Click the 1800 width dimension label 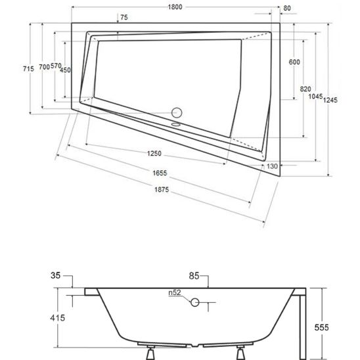pyautogui.click(x=175, y=7)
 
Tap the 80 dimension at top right pyautogui.click(x=287, y=9)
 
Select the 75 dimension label pyautogui.click(x=124, y=17)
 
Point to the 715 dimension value pyautogui.click(x=28, y=68)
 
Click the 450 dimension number pyautogui.click(x=66, y=70)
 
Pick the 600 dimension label pyautogui.click(x=294, y=62)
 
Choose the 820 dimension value pyautogui.click(x=305, y=89)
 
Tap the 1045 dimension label pyautogui.click(x=315, y=97)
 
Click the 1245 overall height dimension pyautogui.click(x=330, y=100)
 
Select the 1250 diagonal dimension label pyautogui.click(x=154, y=153)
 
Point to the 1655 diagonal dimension pyautogui.click(x=160, y=173)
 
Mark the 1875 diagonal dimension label pyautogui.click(x=162, y=190)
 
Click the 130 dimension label pyautogui.click(x=272, y=166)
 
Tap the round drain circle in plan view pyautogui.click(x=177, y=113)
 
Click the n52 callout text pyautogui.click(x=175, y=292)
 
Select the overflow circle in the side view pyautogui.click(x=194, y=302)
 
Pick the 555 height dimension pyautogui.click(x=321, y=327)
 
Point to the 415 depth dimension pyautogui.click(x=57, y=318)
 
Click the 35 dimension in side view pyautogui.click(x=55, y=275)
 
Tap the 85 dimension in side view pyautogui.click(x=194, y=276)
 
